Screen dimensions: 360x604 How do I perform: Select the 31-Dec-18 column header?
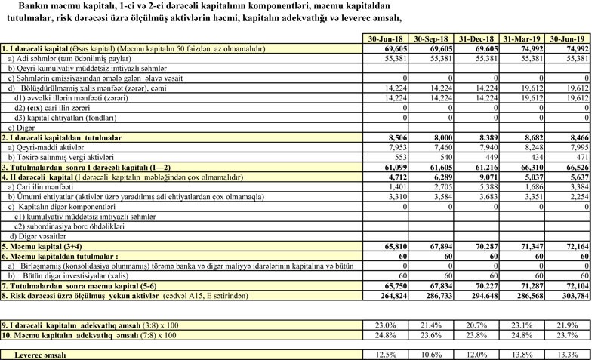point(477,38)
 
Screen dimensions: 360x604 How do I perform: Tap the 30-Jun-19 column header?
point(571,38)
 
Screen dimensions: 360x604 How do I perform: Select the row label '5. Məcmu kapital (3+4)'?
point(47,246)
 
